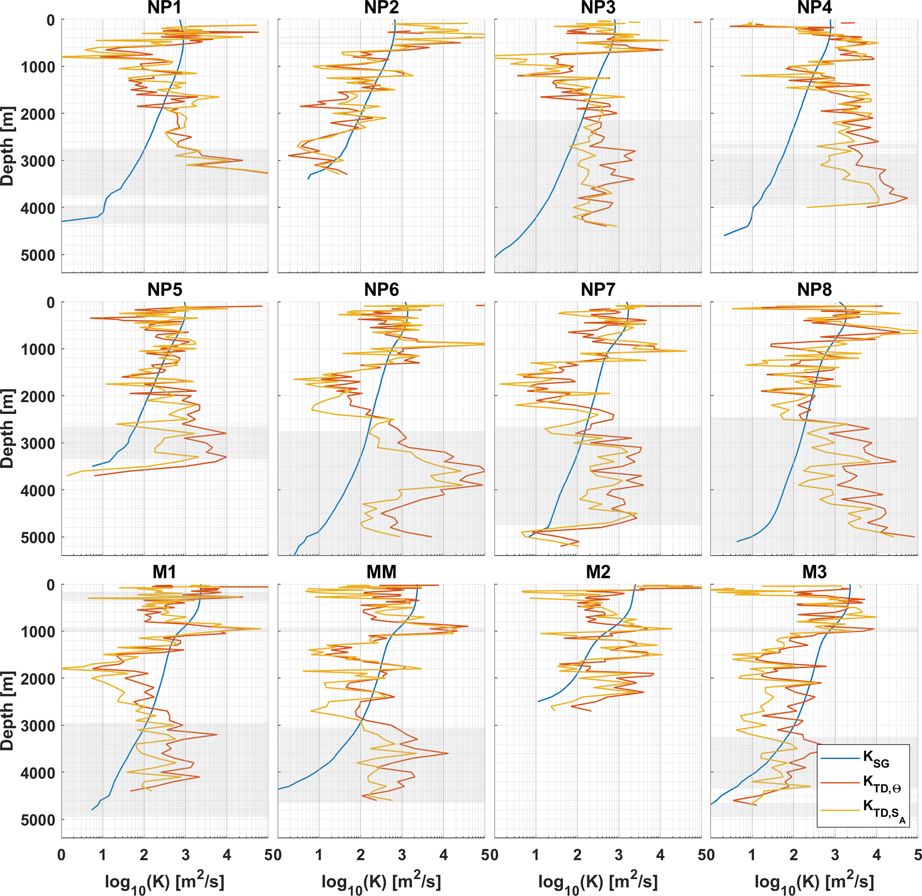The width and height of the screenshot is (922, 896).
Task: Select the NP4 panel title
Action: [814, 8]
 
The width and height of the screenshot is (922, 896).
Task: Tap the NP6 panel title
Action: [381, 289]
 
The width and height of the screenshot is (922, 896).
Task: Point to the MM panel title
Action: [381, 572]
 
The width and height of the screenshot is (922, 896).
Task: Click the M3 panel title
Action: [814, 572]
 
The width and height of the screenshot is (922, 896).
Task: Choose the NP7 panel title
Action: [598, 289]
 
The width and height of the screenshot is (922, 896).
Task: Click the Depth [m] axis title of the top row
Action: [8, 146]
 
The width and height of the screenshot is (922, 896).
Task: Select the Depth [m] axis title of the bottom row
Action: [8, 711]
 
